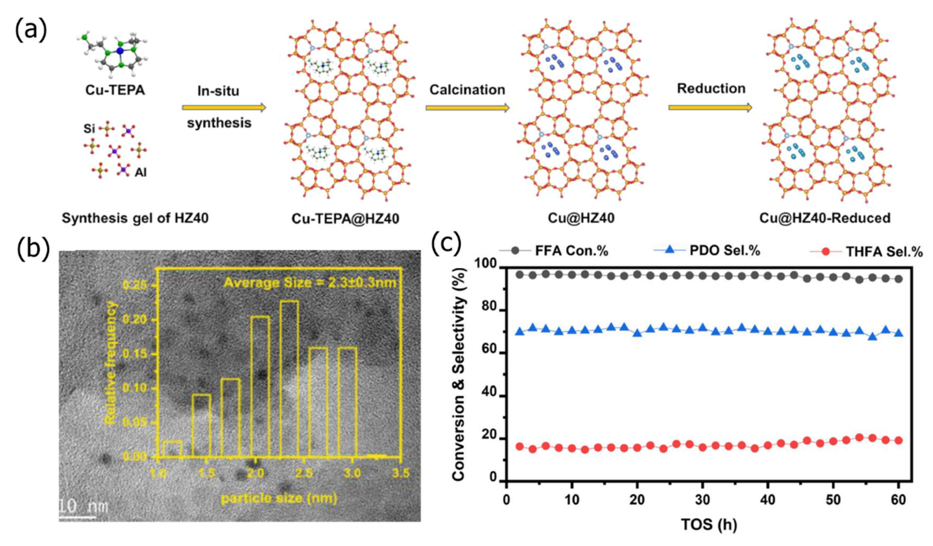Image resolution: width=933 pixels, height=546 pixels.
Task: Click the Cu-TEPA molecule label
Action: (115, 90)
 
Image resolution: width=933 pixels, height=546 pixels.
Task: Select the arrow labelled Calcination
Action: (467, 108)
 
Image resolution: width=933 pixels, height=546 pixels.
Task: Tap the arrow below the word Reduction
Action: (710, 107)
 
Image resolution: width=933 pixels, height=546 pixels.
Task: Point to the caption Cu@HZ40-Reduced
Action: (825, 218)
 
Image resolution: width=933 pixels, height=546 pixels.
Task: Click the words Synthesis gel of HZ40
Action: (135, 218)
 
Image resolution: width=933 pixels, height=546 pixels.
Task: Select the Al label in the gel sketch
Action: (140, 173)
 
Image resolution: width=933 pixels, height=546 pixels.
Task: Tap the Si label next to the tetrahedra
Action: (89, 129)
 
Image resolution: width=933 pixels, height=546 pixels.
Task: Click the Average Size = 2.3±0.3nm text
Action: (310, 283)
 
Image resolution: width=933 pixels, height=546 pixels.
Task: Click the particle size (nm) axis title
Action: (279, 498)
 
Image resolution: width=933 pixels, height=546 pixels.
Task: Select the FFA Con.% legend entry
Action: (571, 251)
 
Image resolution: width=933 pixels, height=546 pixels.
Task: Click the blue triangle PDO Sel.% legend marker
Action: (669, 250)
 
